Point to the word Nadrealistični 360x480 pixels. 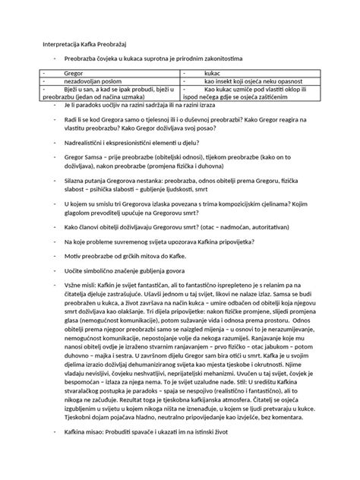[85, 141]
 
